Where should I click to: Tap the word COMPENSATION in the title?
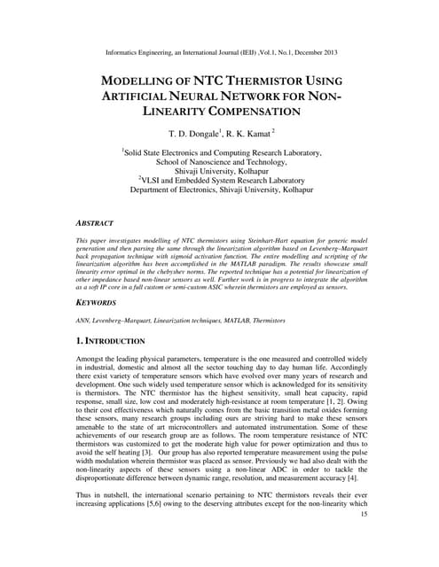point(251,112)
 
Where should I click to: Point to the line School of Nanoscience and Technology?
point(221,163)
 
